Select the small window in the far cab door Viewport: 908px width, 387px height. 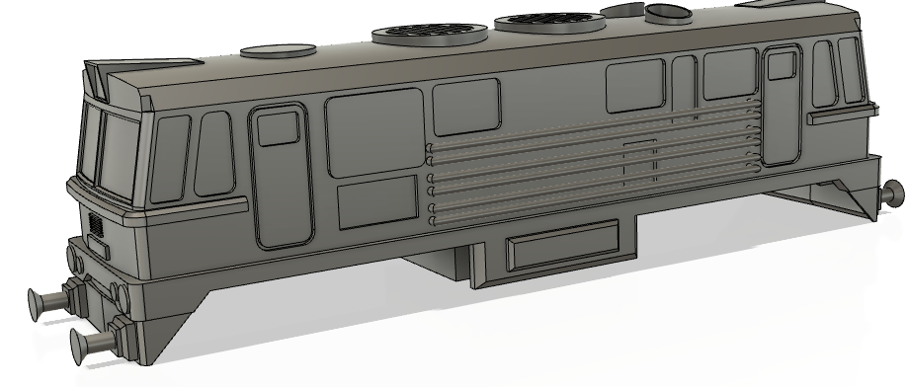tap(782, 65)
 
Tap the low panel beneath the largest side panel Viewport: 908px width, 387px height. tap(376, 203)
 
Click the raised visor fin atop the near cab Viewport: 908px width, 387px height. tap(100, 78)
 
